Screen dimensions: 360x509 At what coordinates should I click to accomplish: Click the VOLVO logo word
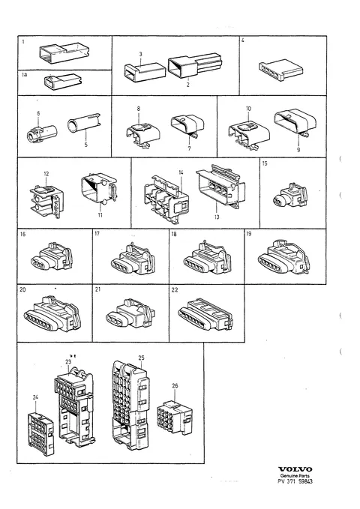(x=295, y=469)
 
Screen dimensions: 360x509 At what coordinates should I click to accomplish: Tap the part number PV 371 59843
(x=295, y=481)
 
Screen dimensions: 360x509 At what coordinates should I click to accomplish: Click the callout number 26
(x=175, y=385)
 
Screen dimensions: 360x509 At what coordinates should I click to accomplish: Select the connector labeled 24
(x=40, y=434)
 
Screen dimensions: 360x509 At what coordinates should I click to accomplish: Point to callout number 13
(x=217, y=217)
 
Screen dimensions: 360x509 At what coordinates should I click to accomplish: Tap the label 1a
(x=25, y=75)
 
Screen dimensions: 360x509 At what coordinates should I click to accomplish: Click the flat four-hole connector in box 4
(x=281, y=70)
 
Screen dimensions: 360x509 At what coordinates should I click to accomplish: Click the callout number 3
(x=141, y=54)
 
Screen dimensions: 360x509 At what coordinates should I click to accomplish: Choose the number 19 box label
(x=249, y=234)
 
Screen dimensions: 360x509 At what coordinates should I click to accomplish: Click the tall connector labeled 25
(x=131, y=405)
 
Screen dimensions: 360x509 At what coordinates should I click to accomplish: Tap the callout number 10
(x=248, y=109)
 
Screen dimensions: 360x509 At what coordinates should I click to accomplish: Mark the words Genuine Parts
(x=295, y=475)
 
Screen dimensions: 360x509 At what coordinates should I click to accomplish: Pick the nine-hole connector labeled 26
(x=175, y=418)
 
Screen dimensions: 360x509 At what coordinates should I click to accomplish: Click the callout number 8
(x=139, y=109)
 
